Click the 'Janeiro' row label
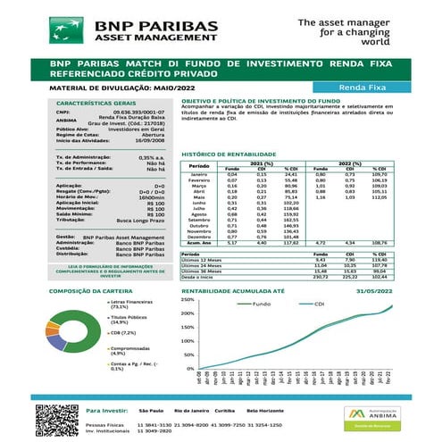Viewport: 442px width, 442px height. pyautogui.click(x=199, y=173)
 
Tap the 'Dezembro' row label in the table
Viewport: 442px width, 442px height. pyautogui.click(x=199, y=237)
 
